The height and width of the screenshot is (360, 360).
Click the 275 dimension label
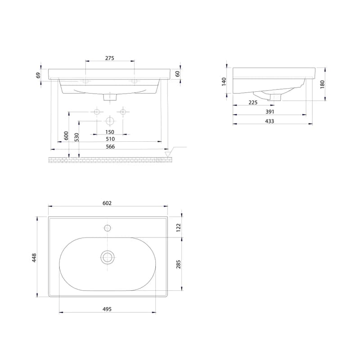click(x=110, y=58)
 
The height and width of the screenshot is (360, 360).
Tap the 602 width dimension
click(x=107, y=203)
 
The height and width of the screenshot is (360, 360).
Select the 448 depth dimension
click(x=34, y=258)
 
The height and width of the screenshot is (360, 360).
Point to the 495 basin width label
click(x=107, y=309)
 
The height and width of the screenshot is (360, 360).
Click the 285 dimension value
click(x=178, y=264)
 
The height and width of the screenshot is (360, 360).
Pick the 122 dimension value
click(x=178, y=228)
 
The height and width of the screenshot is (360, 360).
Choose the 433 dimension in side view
click(x=270, y=121)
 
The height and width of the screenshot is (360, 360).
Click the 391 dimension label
click(x=270, y=112)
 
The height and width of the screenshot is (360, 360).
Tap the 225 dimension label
click(x=253, y=103)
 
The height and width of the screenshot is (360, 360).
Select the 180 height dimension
click(x=322, y=84)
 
